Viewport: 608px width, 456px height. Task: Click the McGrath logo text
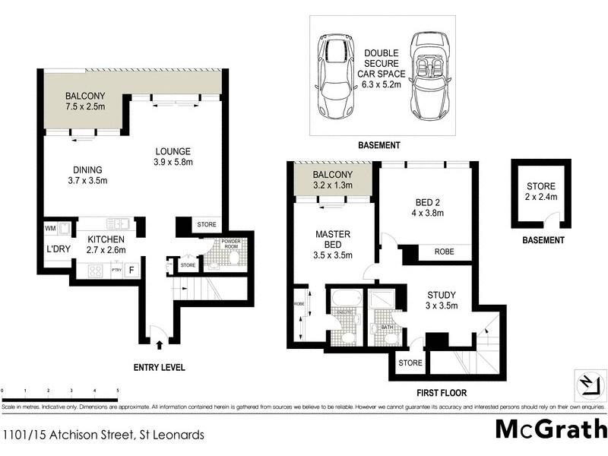(550, 429)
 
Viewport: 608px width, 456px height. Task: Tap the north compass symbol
(587, 383)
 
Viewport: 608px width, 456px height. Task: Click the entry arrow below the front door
(159, 346)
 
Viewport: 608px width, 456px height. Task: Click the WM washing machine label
(51, 228)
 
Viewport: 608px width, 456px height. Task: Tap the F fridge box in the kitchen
(130, 269)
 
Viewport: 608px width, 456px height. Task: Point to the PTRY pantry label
(116, 270)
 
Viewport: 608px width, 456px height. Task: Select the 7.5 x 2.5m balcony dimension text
(85, 109)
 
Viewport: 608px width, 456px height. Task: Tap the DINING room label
(88, 169)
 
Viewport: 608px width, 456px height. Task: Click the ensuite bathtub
(343, 301)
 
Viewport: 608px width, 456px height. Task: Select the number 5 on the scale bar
(117, 389)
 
